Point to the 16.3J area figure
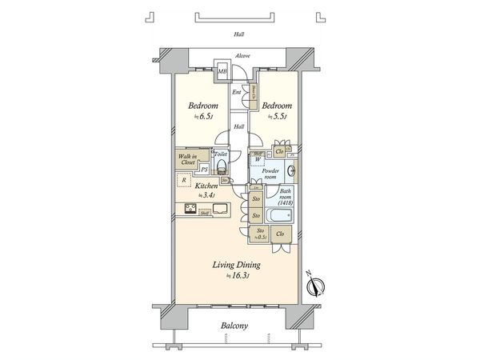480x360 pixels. tap(240, 275)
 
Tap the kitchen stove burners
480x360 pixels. tap(191, 210)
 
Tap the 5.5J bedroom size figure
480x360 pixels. tap(278, 117)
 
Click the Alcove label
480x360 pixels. tap(242, 55)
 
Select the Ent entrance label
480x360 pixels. tap(237, 93)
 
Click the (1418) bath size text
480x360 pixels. tap(286, 204)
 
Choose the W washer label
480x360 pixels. tap(258, 159)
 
